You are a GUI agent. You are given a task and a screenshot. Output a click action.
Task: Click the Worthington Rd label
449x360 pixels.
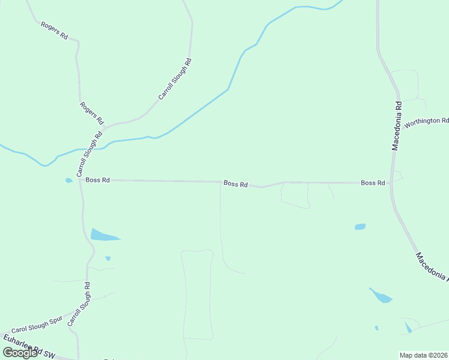pos(426,122)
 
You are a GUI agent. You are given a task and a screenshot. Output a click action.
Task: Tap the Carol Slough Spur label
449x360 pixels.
pos(37,326)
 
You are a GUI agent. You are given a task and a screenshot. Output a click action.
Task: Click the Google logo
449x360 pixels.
pos(20,353)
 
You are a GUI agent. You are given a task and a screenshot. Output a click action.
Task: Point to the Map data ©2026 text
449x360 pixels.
pos(424,355)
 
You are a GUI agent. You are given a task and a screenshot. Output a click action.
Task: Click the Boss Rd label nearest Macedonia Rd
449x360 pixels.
pos(373,182)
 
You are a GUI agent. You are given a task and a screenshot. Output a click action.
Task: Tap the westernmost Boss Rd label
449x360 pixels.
pos(97,179)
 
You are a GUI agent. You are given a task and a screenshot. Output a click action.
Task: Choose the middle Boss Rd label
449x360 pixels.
pos(235,184)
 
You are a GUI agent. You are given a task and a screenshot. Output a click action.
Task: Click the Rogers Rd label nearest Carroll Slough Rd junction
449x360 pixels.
pos(92,113)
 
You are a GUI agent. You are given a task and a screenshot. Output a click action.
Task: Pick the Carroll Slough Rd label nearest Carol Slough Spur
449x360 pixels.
pos(79,304)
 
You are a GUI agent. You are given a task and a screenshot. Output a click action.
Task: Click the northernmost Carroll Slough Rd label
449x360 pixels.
pos(175,79)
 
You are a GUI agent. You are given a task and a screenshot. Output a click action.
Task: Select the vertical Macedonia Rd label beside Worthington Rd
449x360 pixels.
pos(397,125)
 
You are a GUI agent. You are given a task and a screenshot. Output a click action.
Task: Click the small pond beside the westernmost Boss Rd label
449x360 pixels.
pos(69,180)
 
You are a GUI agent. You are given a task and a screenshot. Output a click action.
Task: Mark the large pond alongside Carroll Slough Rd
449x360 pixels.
pos(103,235)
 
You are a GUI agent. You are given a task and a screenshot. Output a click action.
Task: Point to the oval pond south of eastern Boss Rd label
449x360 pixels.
pos(360,227)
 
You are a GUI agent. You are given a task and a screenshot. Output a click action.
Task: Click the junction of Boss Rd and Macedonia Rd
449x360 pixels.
pos(391,182)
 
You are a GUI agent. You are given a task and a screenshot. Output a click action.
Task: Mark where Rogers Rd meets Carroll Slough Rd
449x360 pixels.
pos(104,128)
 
